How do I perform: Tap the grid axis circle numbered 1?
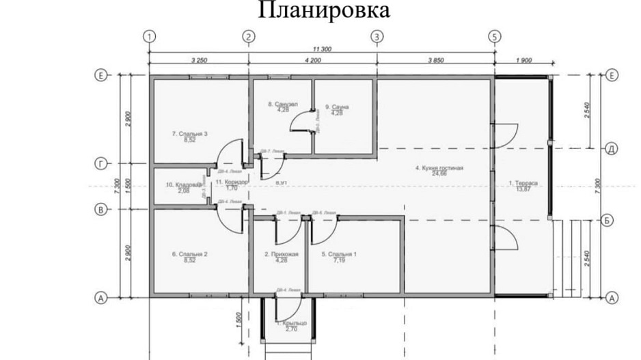[150, 36]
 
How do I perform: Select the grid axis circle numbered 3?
[377, 36]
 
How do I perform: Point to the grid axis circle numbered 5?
[494, 36]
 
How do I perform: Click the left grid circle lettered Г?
[101, 164]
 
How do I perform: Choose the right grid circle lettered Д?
[612, 148]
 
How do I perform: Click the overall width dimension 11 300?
[322, 49]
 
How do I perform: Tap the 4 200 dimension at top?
[311, 61]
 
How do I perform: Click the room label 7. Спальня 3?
[189, 136]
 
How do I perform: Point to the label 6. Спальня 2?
[189, 257]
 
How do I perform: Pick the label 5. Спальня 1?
[339, 257]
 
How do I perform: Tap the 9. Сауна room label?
[337, 109]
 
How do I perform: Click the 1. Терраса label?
[523, 185]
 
